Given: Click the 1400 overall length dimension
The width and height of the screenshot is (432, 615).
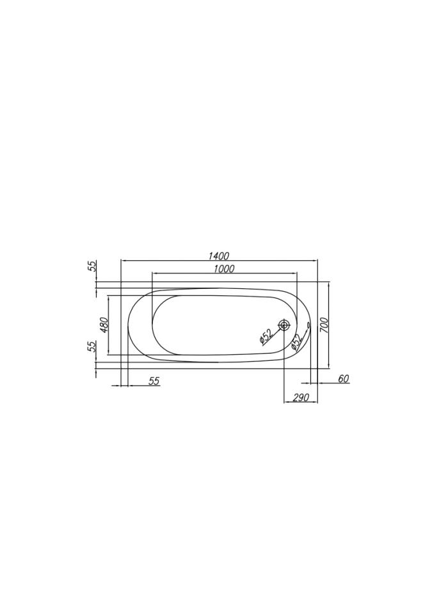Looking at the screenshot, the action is (x=218, y=256).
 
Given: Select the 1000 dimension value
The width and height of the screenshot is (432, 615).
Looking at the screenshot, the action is (x=224, y=268).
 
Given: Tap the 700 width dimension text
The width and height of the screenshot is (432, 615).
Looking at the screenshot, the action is (x=324, y=325).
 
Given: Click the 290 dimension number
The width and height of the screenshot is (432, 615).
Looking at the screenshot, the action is (x=301, y=397).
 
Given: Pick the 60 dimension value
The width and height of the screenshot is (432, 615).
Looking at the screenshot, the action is (x=344, y=379).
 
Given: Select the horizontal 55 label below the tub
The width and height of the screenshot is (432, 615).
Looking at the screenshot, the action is (x=154, y=381).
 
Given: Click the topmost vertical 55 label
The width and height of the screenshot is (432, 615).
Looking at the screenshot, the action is (x=92, y=266).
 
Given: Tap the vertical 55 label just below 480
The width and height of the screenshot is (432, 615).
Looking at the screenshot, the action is (x=92, y=347).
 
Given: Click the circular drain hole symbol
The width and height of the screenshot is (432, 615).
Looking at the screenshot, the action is (x=284, y=325).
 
